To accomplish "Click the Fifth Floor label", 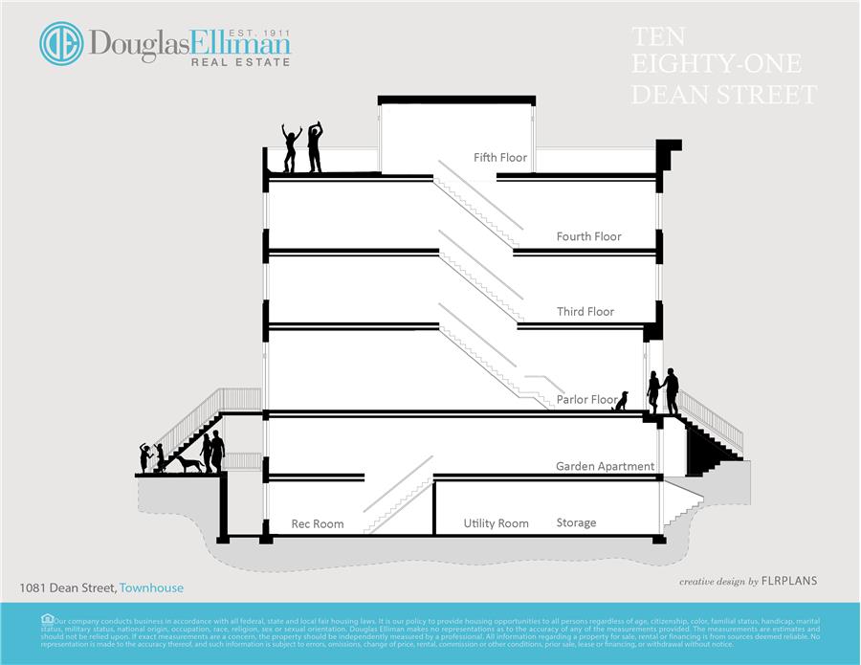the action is point(500,157).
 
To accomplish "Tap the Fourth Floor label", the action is point(589,236).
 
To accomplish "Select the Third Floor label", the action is point(585,312).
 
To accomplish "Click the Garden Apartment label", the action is point(606,467).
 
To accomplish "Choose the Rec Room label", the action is point(318,524).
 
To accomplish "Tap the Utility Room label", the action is point(496,523).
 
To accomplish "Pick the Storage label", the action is point(576,523).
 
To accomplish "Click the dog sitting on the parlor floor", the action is point(622,402).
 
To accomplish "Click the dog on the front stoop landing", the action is point(185,464).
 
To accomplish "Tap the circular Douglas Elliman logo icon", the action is point(61,44).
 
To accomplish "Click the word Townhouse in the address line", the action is point(151,587).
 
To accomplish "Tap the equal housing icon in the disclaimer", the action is point(48,619).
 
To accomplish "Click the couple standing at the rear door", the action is point(663,391).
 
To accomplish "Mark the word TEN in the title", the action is point(659,37).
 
